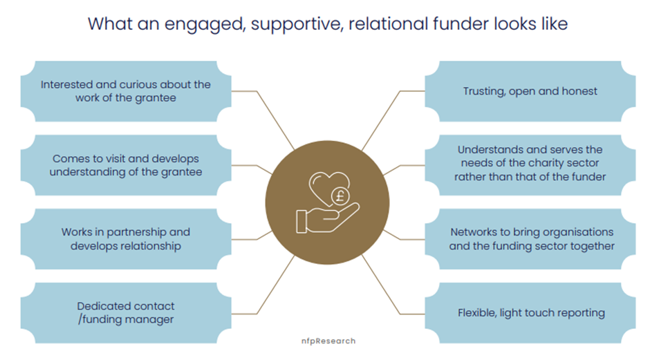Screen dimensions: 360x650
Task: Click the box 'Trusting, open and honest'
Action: click(x=530, y=91)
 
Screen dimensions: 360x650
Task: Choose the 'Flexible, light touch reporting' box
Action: click(x=530, y=313)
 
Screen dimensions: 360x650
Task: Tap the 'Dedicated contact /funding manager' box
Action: click(x=125, y=313)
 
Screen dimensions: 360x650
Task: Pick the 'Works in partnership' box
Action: click(x=125, y=239)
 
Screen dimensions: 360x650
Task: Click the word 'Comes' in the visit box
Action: click(x=72, y=158)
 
